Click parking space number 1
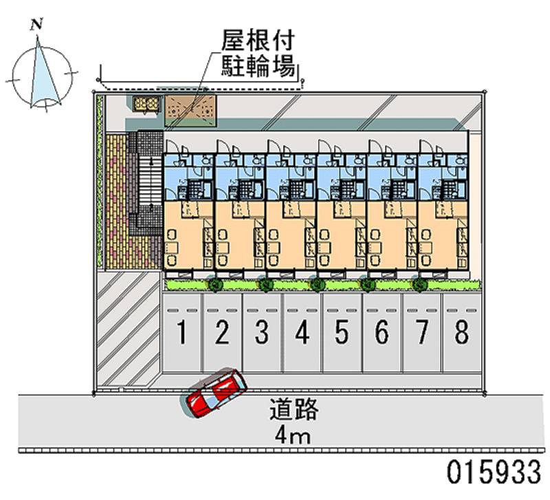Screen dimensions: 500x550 [x=182, y=333]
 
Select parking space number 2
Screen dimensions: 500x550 [x=222, y=333]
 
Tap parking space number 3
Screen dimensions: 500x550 [x=262, y=333]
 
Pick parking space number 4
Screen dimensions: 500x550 [x=302, y=333]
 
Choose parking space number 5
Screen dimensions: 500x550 [x=342, y=333]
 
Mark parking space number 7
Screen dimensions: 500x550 [x=422, y=333]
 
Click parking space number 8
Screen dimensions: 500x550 [x=462, y=333]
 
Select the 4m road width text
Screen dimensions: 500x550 [x=294, y=435]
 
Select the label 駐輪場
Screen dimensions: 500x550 [x=258, y=67]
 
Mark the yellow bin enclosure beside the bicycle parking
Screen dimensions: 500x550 [x=146, y=104]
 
